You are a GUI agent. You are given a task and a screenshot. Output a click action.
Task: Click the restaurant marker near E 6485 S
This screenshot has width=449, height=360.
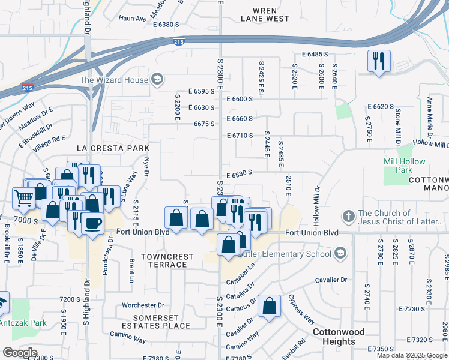(x=379, y=61)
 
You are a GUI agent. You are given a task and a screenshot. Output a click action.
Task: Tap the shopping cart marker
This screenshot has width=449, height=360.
(x=23, y=196)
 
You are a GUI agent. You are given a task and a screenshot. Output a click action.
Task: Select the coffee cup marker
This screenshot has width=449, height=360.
(x=92, y=224)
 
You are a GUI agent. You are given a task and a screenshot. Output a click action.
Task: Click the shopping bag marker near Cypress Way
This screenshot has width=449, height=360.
(x=270, y=306)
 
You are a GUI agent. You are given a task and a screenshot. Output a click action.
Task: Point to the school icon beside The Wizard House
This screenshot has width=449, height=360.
(x=157, y=79)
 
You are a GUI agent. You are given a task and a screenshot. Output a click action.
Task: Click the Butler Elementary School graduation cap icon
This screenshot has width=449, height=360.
(x=341, y=253)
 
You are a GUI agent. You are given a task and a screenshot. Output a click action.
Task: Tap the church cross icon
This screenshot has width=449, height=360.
(x=348, y=216)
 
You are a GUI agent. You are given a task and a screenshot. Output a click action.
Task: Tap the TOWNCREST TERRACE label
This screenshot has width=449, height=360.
(x=167, y=260)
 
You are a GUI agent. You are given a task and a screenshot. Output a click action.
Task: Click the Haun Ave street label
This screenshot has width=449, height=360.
(x=133, y=19)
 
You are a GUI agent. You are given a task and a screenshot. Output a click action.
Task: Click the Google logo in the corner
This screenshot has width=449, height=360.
(x=19, y=352)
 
